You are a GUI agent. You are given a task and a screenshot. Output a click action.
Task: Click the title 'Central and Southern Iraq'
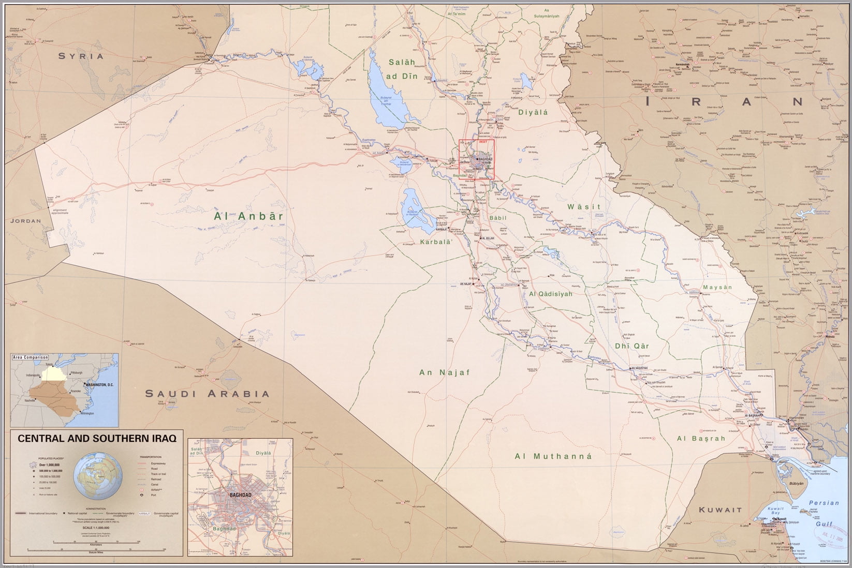coord(97,438)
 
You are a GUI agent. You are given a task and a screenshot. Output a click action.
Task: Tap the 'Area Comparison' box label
coord(31,357)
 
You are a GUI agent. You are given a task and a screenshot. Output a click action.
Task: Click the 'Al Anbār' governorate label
coord(248,216)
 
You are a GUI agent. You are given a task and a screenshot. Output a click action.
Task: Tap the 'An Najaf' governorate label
coord(444,372)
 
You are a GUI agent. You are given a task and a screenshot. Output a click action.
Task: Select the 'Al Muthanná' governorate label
coord(553,456)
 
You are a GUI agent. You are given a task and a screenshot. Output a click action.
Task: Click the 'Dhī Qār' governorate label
coord(631,346)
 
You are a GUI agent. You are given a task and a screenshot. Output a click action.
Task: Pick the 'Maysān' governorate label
coord(717,288)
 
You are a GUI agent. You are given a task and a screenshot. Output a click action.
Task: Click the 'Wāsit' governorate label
coord(584,206)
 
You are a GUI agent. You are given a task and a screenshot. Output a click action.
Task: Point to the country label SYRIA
coord(81,56)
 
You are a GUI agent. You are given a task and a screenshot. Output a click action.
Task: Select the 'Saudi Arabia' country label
coord(207,394)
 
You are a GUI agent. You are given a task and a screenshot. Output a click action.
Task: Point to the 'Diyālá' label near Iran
coord(533,111)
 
